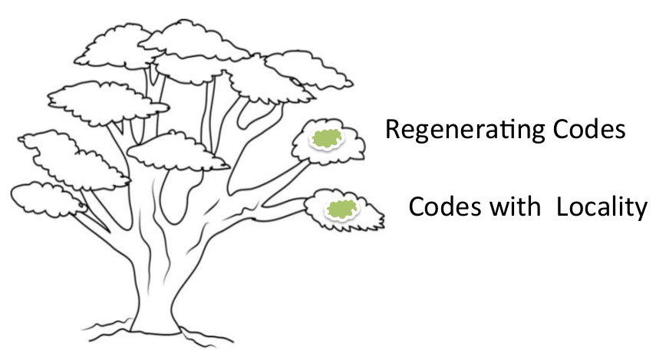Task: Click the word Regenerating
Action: pos(465,130)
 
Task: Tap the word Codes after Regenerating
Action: pos(589,129)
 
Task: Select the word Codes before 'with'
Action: pos(445,206)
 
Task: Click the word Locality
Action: pos(602,207)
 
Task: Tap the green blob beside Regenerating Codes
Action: pos(327,139)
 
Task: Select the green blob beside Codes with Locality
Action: pos(342,209)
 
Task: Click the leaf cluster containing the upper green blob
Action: pos(328,141)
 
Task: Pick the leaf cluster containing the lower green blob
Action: pos(344,210)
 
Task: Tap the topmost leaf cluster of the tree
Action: pos(193,40)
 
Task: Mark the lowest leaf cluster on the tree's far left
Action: pos(48,200)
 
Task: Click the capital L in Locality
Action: pos(562,206)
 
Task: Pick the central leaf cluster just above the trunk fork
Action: pos(177,151)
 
